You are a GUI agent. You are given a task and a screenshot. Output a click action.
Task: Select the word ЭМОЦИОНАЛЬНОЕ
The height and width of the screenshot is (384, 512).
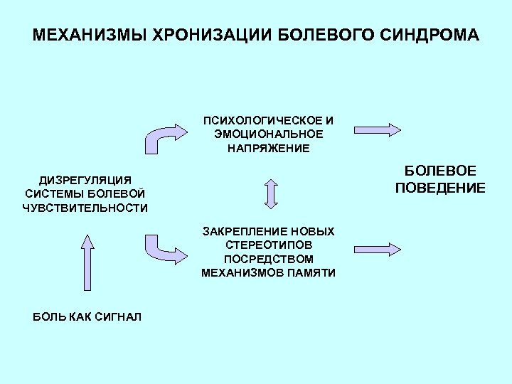[x=269, y=134]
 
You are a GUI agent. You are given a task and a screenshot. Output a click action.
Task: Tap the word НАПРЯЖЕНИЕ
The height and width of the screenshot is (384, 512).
[x=269, y=148]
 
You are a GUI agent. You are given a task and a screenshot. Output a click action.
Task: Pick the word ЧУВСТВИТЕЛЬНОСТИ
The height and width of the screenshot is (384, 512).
[x=85, y=208]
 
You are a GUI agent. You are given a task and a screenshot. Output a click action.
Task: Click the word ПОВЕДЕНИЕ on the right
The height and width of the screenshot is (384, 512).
[x=441, y=188]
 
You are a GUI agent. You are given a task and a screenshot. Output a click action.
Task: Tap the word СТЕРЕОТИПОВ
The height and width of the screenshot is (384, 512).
[x=269, y=245]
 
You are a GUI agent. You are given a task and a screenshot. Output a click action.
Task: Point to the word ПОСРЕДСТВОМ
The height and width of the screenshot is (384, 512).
[x=269, y=259]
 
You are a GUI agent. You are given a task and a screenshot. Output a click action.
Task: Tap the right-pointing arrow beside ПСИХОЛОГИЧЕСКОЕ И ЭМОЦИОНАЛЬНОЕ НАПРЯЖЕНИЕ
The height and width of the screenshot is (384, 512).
[x=378, y=129]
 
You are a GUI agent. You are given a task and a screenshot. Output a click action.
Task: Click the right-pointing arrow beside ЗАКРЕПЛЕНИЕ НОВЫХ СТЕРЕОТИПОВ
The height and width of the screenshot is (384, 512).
[x=378, y=249]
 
